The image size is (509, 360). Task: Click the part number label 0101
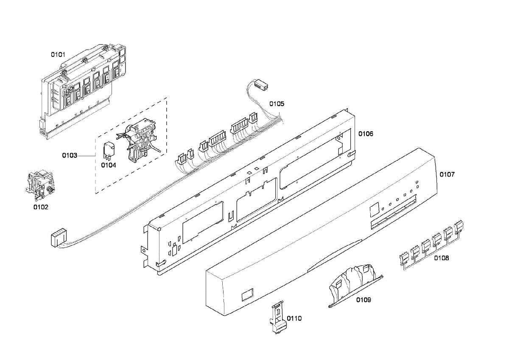[58, 54]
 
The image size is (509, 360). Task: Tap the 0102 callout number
[41, 207]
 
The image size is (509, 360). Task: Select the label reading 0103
[70, 155]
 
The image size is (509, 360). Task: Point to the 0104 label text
[109, 165]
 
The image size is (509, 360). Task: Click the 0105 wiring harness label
[277, 104]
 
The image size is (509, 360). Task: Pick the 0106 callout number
[366, 134]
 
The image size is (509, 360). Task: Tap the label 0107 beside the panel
[447, 174]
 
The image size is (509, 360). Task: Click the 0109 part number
[364, 300]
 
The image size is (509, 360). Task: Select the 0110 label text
[294, 318]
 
